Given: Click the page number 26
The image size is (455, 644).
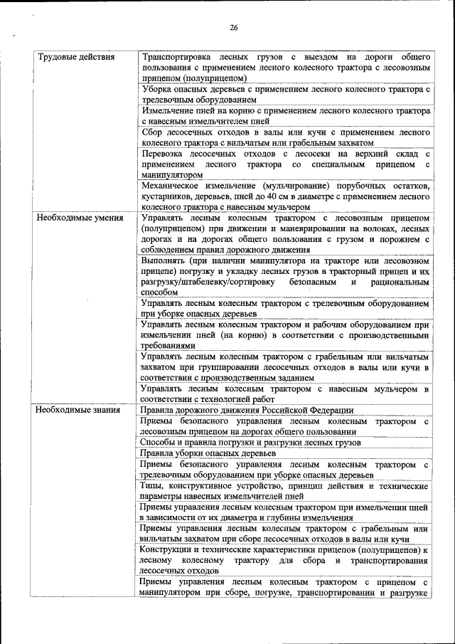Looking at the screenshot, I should (x=233, y=28).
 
